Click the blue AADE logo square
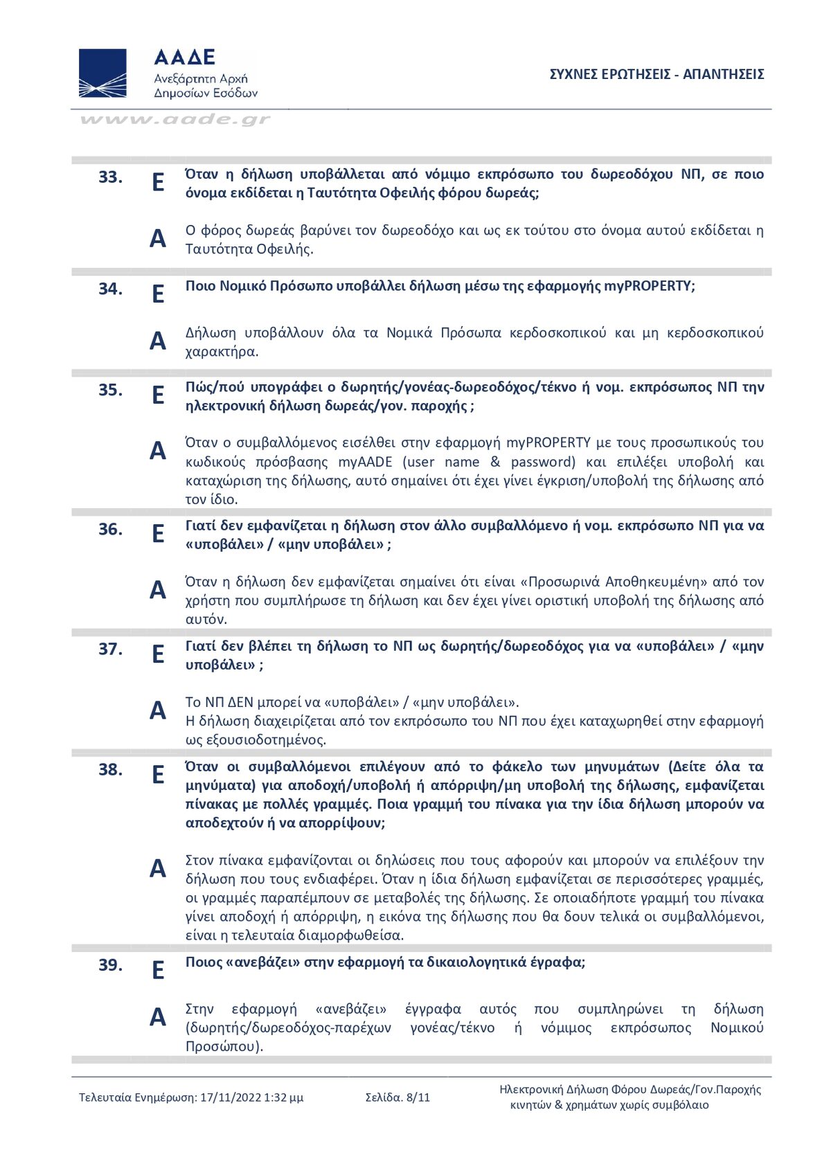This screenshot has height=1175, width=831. [x=102, y=73]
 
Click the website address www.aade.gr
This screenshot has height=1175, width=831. [x=175, y=119]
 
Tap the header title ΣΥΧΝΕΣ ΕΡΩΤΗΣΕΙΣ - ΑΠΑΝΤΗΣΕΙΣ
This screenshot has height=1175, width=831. [x=656, y=74]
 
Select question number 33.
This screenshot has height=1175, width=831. [x=110, y=177]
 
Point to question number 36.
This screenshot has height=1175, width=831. [x=110, y=530]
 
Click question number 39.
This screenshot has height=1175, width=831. [x=110, y=965]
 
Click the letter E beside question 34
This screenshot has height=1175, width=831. [x=158, y=294]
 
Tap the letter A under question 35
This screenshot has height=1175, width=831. [x=158, y=451]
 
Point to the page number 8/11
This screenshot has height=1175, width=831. [x=418, y=1097]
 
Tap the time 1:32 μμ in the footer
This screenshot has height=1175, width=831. [x=284, y=1097]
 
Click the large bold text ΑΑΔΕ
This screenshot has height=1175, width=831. [x=184, y=57]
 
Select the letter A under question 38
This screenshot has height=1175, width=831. [x=158, y=868]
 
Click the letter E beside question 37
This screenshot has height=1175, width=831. [x=158, y=654]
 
